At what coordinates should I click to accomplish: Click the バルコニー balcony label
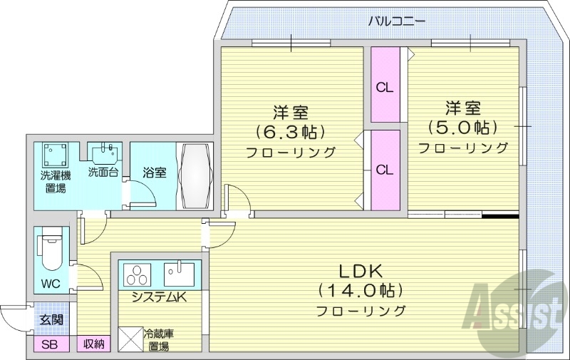397,21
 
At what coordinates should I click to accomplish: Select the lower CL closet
385,170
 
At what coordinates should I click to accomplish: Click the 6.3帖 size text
291,132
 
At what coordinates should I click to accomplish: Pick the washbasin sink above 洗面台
107,153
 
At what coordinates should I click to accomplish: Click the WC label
50,284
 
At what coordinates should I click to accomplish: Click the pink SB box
51,344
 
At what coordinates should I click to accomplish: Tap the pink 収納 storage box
93,344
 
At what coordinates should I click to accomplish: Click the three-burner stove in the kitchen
138,274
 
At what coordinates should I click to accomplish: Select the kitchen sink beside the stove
179,274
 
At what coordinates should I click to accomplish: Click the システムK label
158,298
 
